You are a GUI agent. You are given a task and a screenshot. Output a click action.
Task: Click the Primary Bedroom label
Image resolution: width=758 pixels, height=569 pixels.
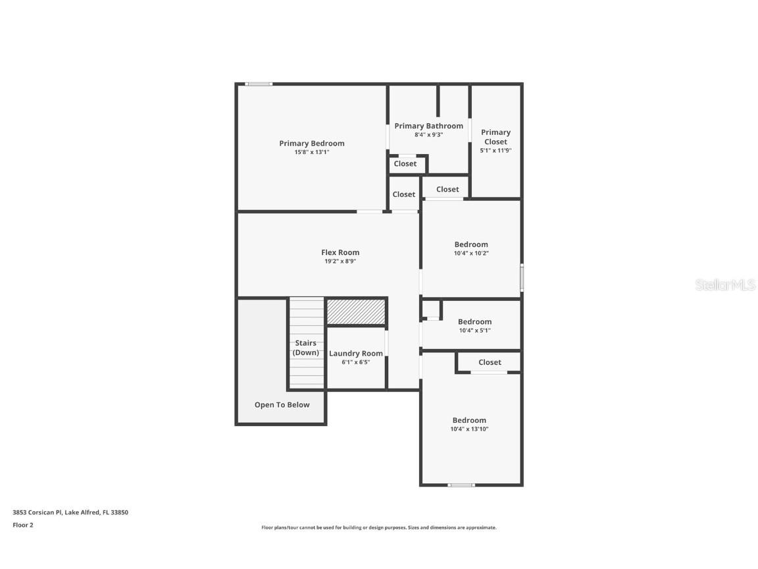point(311,144)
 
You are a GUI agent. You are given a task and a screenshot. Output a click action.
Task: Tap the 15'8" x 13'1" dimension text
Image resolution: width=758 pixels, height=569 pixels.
point(311,152)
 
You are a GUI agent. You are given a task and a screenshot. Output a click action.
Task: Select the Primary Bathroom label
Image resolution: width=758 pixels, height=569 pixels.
point(428,126)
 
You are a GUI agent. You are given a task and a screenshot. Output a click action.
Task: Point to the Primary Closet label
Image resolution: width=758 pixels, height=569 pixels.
point(495,137)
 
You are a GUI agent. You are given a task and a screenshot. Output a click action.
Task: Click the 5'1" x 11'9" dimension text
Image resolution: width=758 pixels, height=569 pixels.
point(495,150)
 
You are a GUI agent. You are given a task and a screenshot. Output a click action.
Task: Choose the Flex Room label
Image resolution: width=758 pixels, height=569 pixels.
point(340,252)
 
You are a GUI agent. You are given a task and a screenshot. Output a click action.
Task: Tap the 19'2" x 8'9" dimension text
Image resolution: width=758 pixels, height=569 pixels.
point(340,261)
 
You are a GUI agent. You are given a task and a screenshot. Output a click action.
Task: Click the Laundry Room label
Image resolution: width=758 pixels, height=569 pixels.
point(355,354)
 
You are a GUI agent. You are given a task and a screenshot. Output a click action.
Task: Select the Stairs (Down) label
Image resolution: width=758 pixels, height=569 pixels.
point(305,348)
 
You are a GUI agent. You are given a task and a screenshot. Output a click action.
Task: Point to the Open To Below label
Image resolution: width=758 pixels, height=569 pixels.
point(282,404)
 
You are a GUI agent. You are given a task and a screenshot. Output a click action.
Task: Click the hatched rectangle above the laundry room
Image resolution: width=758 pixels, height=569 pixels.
point(355,312)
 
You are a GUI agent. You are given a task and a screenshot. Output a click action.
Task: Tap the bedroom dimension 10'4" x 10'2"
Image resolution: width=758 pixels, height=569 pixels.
point(471,254)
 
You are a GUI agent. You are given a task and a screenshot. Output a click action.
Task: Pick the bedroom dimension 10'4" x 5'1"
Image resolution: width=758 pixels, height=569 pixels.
point(474,331)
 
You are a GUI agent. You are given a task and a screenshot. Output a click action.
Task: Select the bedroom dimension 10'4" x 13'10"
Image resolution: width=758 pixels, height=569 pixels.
point(469,429)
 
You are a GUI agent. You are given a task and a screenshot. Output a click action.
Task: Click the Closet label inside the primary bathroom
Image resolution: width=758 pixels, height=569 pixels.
point(405,164)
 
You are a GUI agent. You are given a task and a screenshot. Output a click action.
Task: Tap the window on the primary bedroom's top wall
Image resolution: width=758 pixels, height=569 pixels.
point(259,84)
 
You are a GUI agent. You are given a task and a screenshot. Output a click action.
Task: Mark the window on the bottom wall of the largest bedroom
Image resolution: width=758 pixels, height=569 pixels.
point(461,485)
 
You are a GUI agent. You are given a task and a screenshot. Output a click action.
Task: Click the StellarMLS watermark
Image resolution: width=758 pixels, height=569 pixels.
point(726,285)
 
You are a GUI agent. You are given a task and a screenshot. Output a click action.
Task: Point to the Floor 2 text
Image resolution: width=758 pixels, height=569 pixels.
point(23,525)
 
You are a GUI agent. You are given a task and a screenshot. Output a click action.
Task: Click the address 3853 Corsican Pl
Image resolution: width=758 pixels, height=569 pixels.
point(38,512)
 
